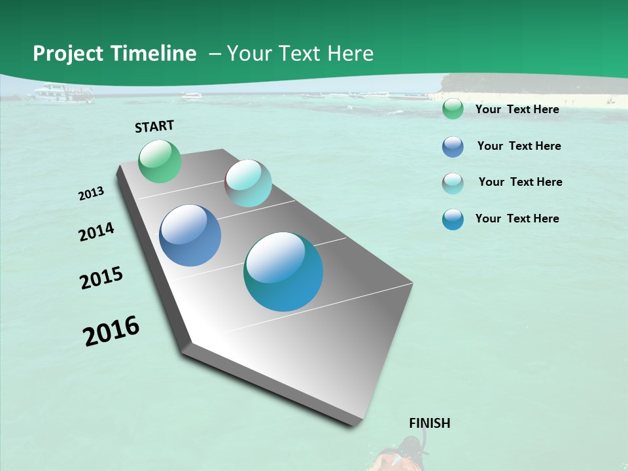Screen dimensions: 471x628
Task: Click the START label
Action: [x=154, y=126]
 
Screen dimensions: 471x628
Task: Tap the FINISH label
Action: [x=430, y=423]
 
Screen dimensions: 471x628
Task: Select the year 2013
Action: [x=92, y=194]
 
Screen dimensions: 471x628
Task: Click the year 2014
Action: [x=97, y=232]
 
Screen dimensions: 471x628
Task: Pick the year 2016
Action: [x=111, y=331]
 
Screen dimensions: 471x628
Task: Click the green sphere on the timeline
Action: [x=160, y=162]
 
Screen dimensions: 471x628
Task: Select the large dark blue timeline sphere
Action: [x=190, y=235]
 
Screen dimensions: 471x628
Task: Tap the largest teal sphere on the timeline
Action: [x=283, y=271]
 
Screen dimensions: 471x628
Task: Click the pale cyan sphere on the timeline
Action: [x=249, y=183]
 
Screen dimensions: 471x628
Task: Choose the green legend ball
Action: [x=453, y=109]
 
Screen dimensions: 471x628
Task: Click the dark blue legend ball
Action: [x=453, y=147]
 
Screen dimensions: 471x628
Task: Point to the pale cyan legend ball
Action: [x=453, y=183]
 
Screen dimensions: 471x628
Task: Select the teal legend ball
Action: [x=453, y=219]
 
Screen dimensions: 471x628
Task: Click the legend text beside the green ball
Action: [x=517, y=109]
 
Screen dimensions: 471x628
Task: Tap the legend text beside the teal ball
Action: [x=517, y=218]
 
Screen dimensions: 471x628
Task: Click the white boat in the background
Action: [x=64, y=94]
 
